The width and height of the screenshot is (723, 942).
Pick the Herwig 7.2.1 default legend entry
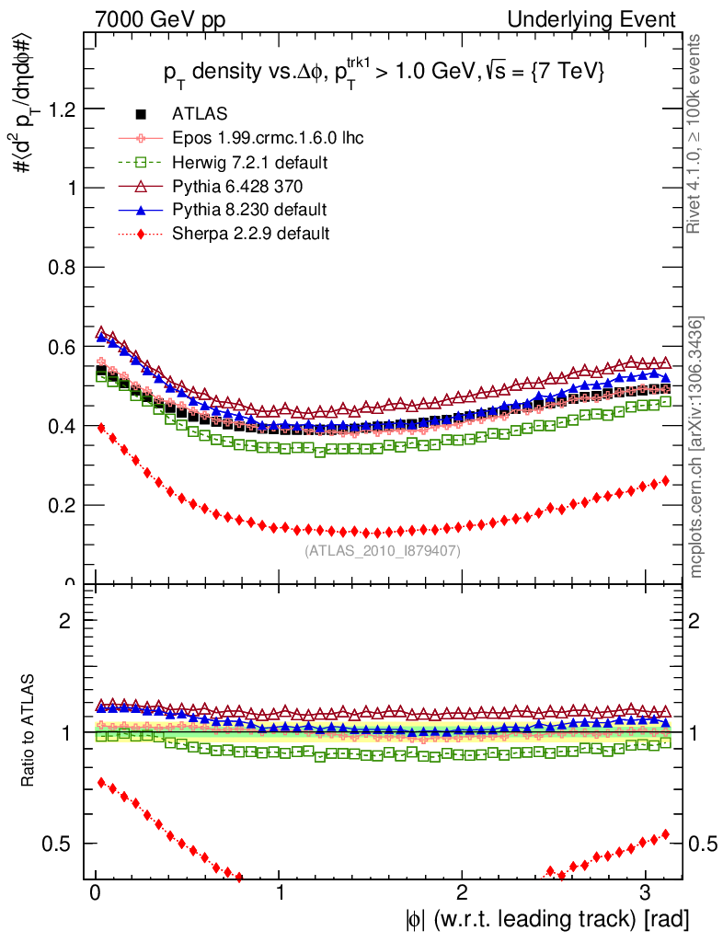[250, 162]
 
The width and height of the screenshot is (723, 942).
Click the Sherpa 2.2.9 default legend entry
[251, 234]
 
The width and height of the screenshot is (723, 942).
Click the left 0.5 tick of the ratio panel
[63, 844]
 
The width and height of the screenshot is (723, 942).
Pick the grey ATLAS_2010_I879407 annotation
[383, 551]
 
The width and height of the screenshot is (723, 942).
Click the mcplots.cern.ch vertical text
[698, 447]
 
